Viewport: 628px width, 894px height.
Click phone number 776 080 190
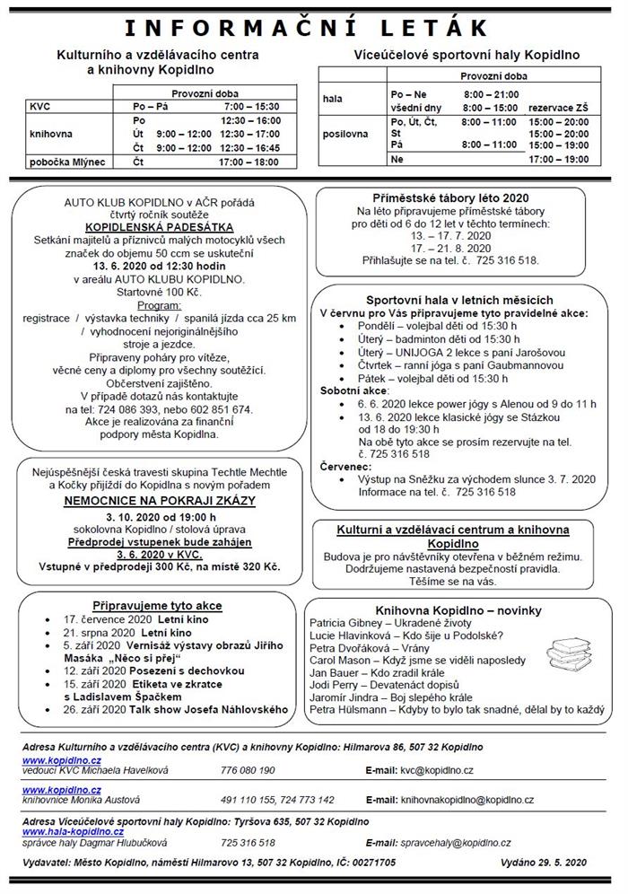248,769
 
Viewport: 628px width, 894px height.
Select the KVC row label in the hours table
39,106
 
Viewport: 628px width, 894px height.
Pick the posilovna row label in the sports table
345,134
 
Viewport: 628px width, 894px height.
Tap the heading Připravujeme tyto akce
157,605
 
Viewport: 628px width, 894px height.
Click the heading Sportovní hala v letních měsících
459,299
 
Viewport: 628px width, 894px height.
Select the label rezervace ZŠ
559,108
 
